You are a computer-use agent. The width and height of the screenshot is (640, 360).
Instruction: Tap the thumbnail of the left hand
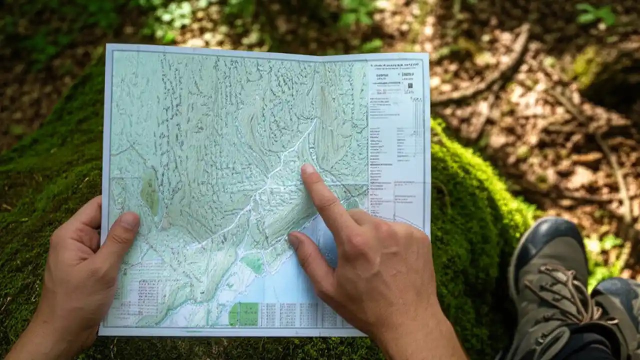click(129, 220)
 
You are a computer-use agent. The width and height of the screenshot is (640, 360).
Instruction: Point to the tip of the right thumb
click(293, 239)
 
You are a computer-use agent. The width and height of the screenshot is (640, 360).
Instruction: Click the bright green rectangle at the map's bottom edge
click(243, 314)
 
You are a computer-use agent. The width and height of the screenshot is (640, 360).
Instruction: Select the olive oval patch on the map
click(149, 192)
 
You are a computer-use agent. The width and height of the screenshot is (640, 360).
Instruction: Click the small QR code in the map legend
click(409, 86)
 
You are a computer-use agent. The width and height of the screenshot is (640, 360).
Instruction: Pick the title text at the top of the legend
click(395, 64)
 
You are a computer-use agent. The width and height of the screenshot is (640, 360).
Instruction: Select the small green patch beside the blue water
click(252, 263)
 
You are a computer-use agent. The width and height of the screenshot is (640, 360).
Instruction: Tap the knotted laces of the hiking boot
click(565, 290)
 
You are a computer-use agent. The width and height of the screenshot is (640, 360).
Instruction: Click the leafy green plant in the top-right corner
click(595, 14)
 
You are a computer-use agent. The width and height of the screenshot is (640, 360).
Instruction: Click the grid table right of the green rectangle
click(295, 314)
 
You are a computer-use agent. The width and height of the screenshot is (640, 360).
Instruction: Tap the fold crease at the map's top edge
click(320, 56)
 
